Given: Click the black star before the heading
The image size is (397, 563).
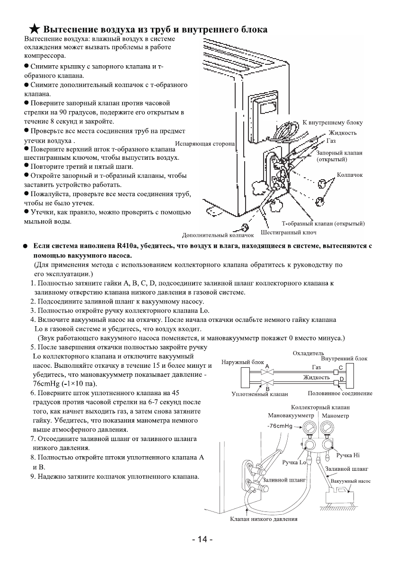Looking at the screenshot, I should (32, 30).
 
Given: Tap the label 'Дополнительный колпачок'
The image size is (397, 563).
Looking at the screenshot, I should (218, 234).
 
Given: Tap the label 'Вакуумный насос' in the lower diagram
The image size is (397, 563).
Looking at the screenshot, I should (350, 481).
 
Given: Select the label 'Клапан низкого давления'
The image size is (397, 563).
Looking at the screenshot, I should (264, 519).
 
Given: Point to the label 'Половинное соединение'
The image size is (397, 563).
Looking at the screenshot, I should (346, 393).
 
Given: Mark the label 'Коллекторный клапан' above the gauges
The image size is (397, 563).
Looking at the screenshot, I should (320, 407).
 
